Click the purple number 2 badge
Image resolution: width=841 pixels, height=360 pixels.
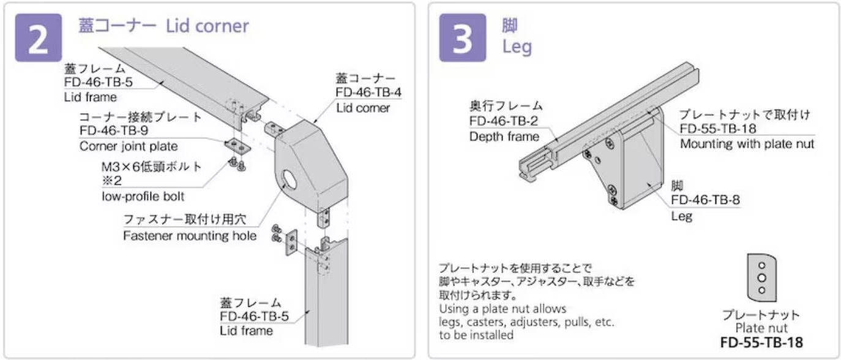pyautogui.click(x=38, y=37)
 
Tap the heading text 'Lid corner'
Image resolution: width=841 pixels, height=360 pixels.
pyautogui.click(x=209, y=26)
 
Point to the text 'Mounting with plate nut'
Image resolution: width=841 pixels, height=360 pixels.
pyautogui.click(x=747, y=144)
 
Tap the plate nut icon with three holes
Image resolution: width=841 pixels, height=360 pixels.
pyautogui.click(x=761, y=278)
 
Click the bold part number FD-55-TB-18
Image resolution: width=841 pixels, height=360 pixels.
pyautogui.click(x=761, y=342)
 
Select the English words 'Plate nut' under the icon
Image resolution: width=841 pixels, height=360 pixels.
pyautogui.click(x=761, y=328)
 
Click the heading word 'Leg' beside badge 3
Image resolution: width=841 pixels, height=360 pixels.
pyautogui.click(x=517, y=47)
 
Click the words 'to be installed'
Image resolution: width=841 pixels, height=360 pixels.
pyautogui.click(x=474, y=336)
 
